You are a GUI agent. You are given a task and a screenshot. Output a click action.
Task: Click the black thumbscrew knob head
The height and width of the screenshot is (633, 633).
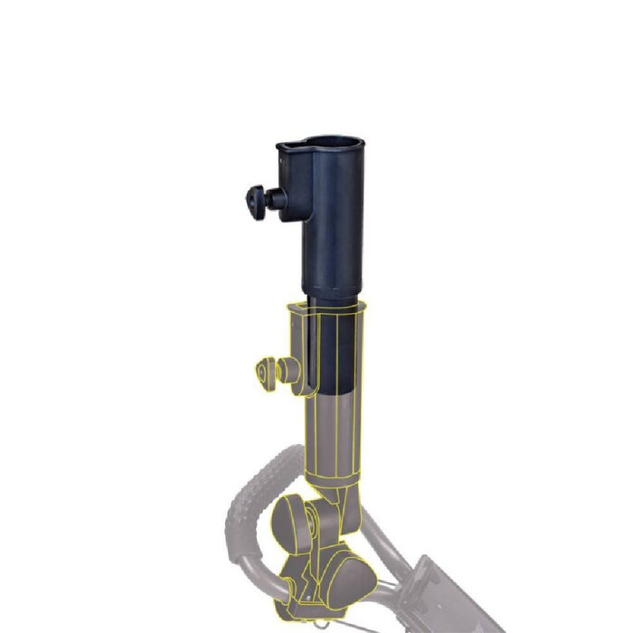(x=254, y=198)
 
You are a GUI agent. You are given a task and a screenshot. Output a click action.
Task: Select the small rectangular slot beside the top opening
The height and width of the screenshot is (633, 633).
(x=289, y=146)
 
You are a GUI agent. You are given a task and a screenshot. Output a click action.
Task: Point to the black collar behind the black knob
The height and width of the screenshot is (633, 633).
(x=277, y=199)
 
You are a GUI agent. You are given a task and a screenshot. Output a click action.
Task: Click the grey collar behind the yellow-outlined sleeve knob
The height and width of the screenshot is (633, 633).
(x=288, y=370)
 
